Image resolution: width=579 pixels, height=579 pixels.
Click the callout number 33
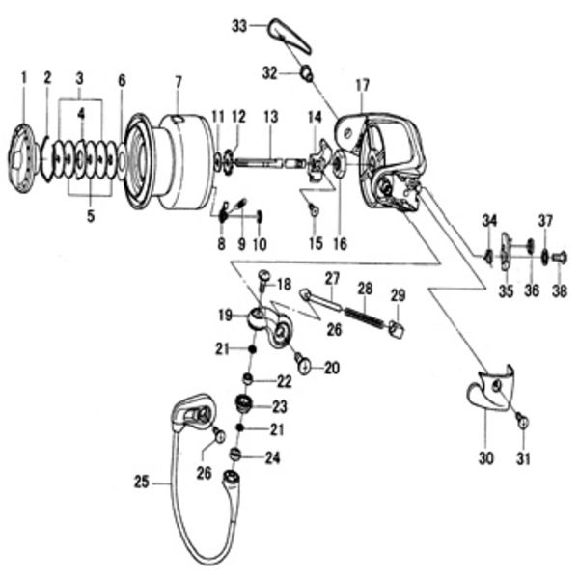(238, 26)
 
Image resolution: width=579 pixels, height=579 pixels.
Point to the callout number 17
(362, 87)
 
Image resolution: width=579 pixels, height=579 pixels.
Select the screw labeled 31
(520, 420)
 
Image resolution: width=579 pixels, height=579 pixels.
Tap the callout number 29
(398, 294)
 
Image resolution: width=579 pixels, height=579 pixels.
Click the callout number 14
(314, 117)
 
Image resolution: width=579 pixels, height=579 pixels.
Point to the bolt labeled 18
(264, 280)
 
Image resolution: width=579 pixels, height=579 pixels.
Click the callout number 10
(260, 243)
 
